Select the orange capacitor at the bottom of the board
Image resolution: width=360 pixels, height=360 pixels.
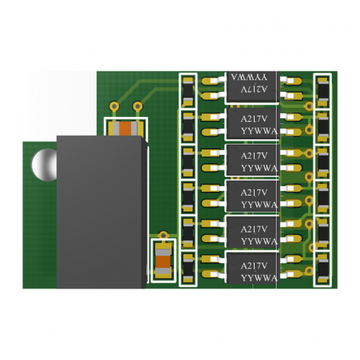[163, 259]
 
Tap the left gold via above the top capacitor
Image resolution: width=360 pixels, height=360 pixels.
[115, 106]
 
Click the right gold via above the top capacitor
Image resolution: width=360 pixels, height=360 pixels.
[138, 106]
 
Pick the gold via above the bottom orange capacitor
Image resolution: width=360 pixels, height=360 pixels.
[163, 233]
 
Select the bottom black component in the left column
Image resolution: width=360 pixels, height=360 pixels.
[188, 270]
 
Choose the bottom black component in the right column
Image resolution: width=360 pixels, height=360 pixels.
[322, 270]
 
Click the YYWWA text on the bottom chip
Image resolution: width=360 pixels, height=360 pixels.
[259, 277]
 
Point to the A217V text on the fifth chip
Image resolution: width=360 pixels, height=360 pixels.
[254, 229]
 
